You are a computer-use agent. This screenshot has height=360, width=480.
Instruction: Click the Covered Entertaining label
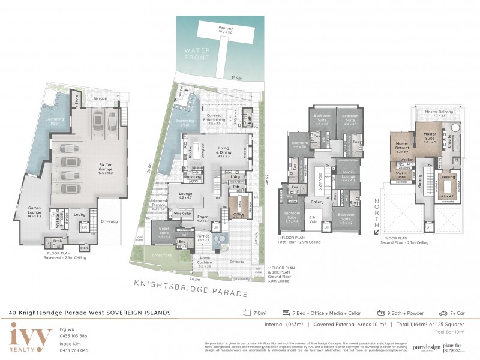point(214,118)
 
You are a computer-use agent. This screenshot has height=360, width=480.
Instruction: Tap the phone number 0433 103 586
point(74,335)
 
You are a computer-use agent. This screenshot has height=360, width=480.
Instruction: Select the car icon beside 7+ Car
point(443,313)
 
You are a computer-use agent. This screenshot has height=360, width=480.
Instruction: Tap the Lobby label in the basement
point(78,214)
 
